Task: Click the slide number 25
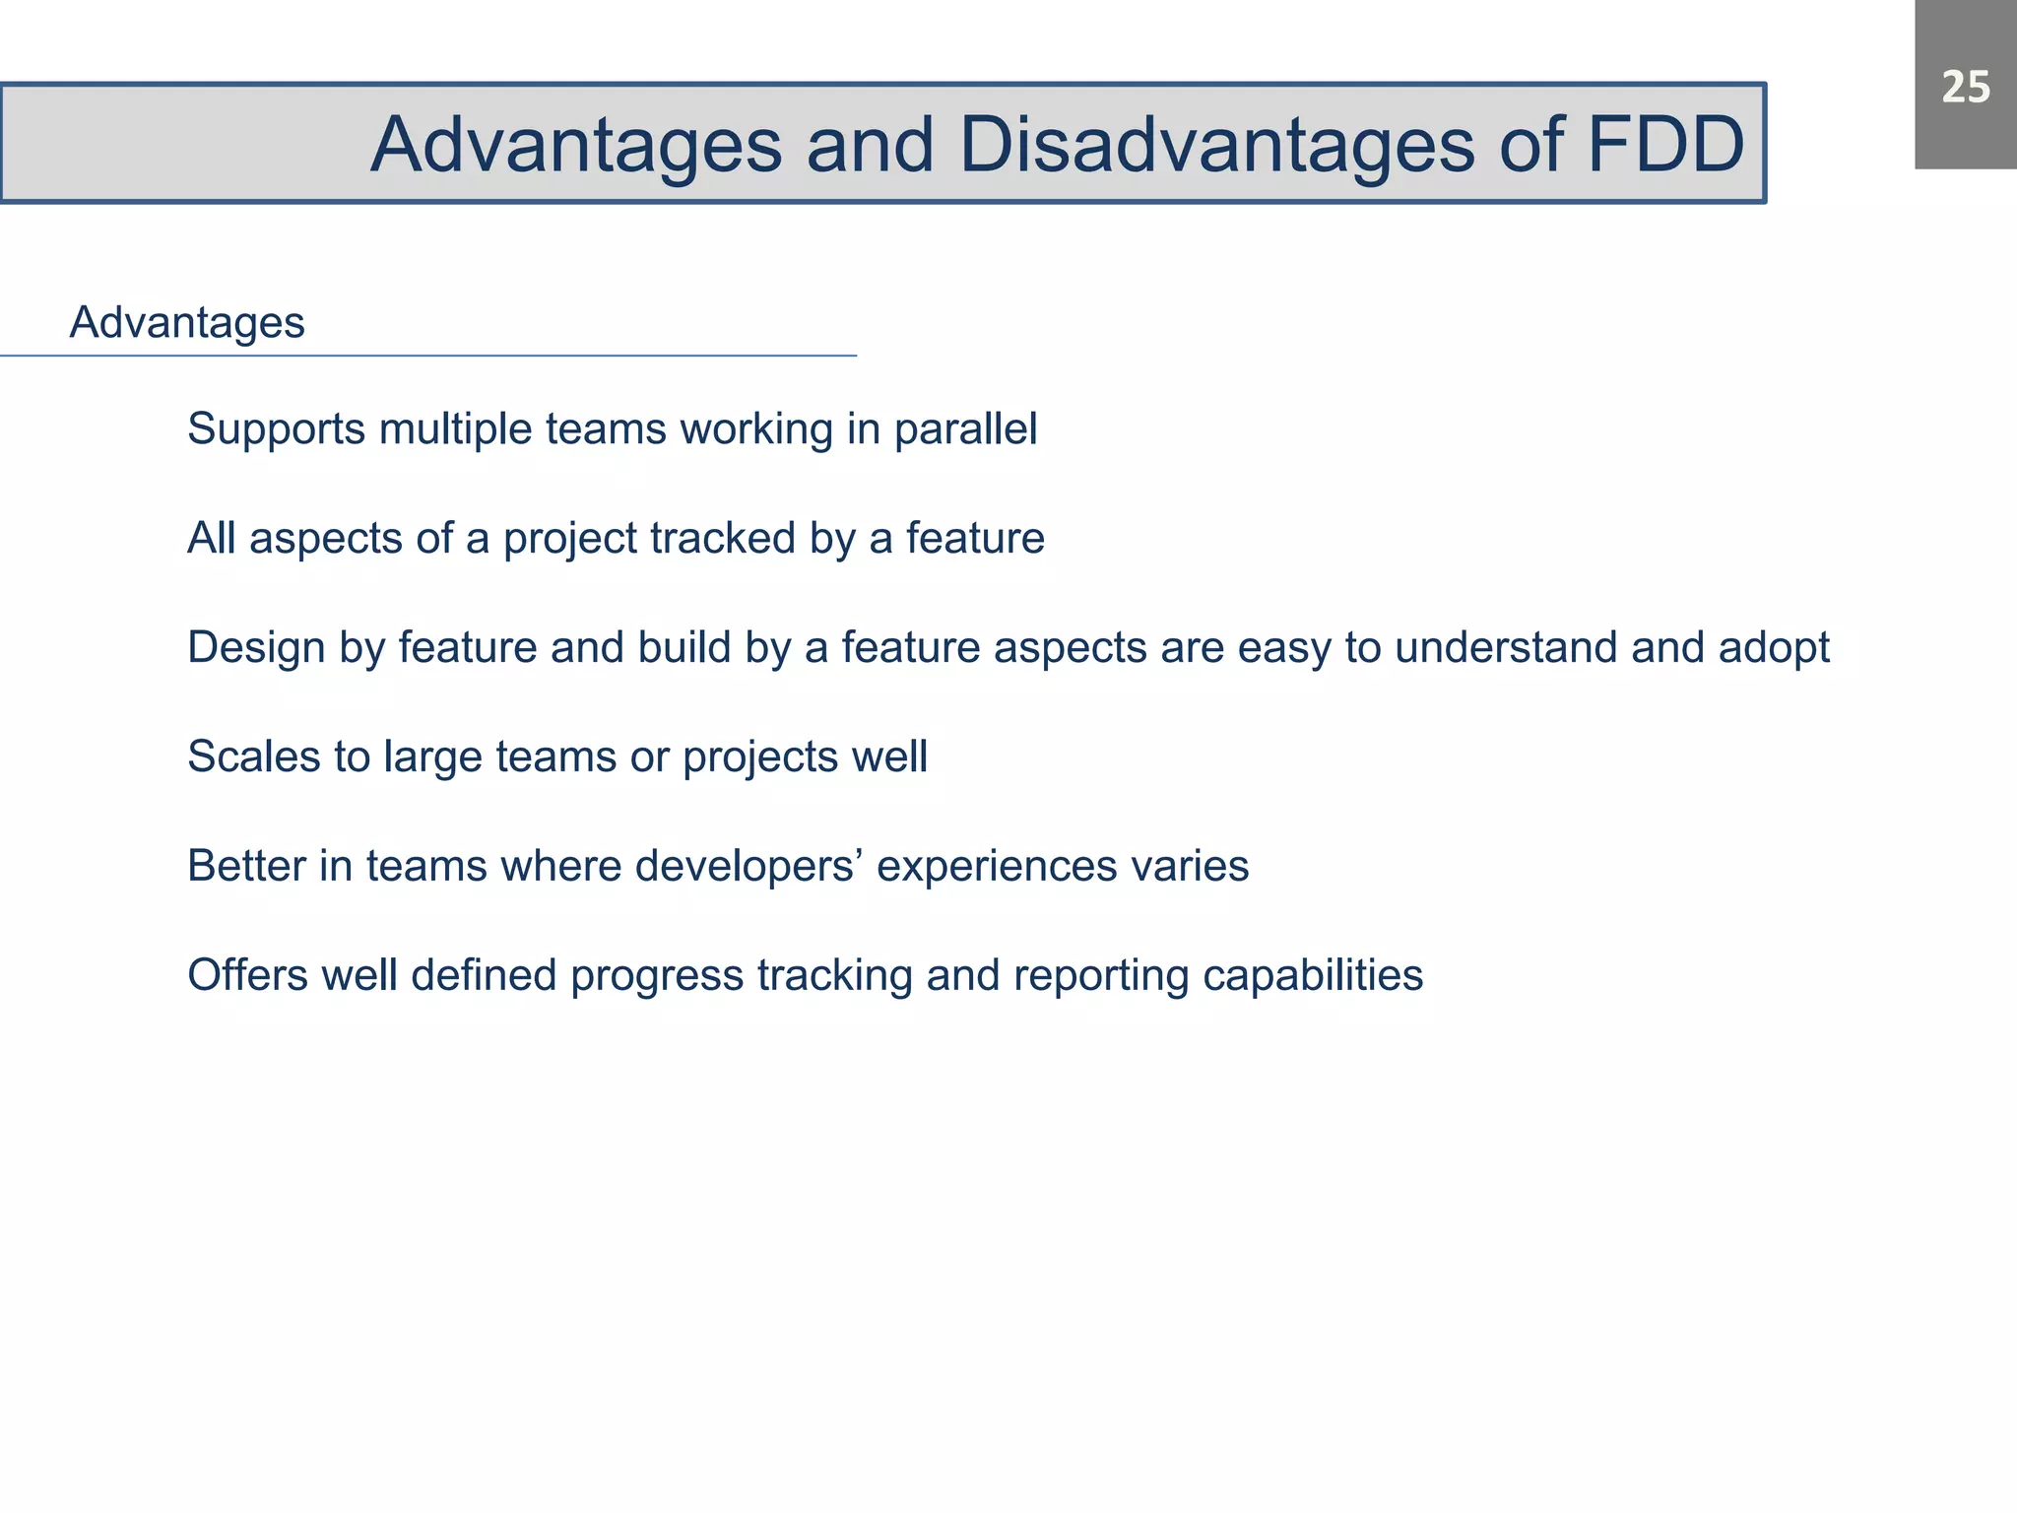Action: point(1965,88)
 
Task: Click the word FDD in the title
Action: point(1665,146)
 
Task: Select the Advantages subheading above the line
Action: point(187,323)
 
